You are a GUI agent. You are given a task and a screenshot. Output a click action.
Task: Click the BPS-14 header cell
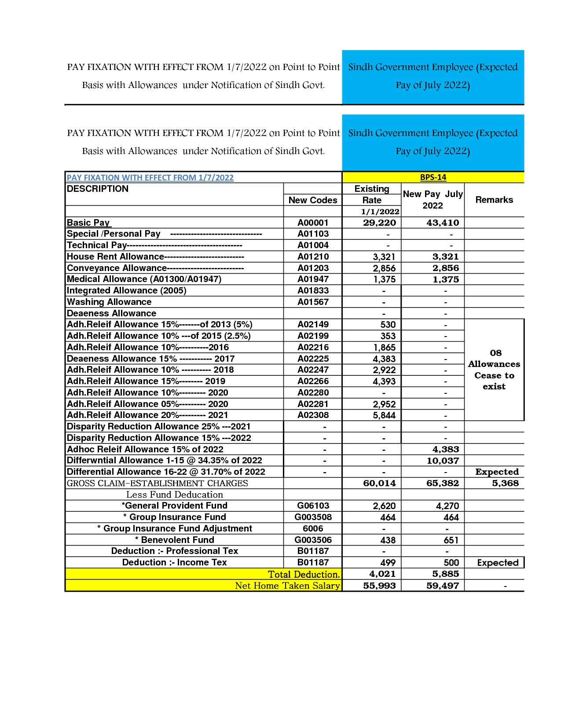[433, 177]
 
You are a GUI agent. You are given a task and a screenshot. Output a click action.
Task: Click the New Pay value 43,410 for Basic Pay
[443, 223]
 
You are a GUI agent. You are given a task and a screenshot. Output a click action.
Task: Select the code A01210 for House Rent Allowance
[313, 257]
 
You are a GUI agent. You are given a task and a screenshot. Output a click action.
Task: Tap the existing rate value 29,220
[379, 223]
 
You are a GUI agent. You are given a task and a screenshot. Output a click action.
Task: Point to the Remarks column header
[494, 200]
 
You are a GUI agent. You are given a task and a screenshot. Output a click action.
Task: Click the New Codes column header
[313, 200]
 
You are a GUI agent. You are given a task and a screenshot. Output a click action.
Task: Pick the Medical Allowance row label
[144, 279]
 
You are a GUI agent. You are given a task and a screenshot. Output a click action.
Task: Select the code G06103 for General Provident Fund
[313, 506]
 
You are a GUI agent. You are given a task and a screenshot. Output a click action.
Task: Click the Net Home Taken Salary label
[287, 586]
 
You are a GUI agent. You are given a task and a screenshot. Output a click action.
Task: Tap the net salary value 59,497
[443, 586]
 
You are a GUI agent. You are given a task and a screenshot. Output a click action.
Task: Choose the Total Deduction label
[304, 574]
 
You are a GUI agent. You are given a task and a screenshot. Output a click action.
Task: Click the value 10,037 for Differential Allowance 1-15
[443, 461]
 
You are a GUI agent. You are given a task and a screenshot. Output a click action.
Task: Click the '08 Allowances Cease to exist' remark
[494, 370]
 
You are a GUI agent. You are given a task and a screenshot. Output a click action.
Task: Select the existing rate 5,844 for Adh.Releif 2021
[384, 415]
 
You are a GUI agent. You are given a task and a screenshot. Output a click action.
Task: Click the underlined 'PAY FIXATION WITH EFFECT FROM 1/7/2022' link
[150, 178]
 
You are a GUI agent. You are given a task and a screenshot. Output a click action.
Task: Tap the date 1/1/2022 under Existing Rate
[380, 212]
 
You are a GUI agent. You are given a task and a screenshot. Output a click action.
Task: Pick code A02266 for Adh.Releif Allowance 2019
[313, 381]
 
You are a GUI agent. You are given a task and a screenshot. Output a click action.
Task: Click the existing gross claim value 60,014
[379, 483]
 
